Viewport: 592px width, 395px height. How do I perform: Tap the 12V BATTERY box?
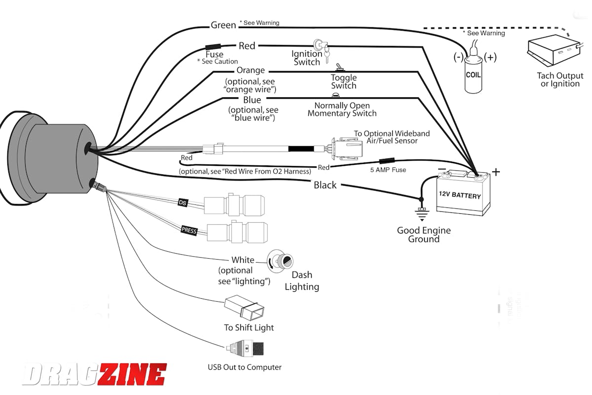tap(462, 195)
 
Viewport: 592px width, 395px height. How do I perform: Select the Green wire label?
tap(223, 25)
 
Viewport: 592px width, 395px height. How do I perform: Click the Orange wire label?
tap(251, 71)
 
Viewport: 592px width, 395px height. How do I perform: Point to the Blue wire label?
tap(252, 100)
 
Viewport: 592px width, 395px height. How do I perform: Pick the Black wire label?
tap(325, 185)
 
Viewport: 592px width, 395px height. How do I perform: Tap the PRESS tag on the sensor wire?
tap(189, 230)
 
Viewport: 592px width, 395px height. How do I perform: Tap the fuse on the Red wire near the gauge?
tap(214, 47)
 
